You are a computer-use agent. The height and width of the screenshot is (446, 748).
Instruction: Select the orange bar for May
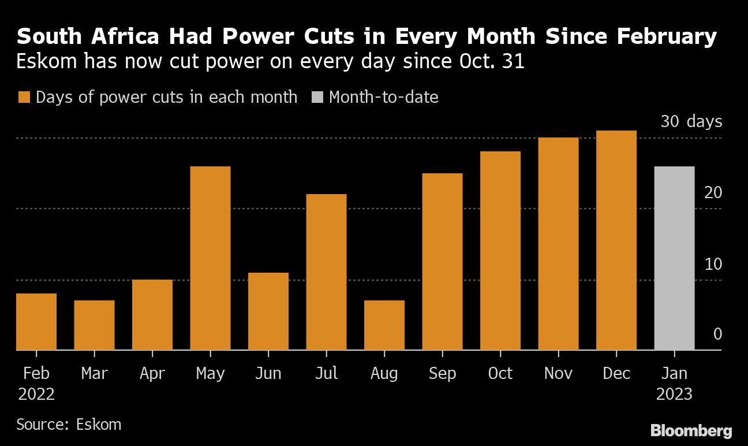pyautogui.click(x=210, y=258)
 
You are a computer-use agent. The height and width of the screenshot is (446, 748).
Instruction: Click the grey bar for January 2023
pyautogui.click(x=674, y=258)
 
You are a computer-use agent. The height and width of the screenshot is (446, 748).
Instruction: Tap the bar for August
pyautogui.click(x=384, y=325)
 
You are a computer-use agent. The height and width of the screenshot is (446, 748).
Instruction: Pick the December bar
pyautogui.click(x=616, y=240)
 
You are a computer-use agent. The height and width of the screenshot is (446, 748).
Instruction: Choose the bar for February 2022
pyautogui.click(x=36, y=321)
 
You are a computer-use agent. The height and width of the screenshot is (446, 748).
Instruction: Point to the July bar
pyautogui.click(x=326, y=272)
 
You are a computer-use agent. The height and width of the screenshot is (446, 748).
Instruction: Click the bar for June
pyautogui.click(x=268, y=311)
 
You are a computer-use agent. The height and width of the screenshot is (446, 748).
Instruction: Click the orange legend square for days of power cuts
pyautogui.click(x=23, y=97)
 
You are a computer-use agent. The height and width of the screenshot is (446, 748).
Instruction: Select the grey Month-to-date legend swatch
pyautogui.click(x=316, y=97)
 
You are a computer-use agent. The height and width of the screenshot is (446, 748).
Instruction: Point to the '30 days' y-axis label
pyautogui.click(x=691, y=122)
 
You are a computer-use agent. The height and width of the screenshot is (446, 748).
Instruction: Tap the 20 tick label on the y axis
pyautogui.click(x=713, y=192)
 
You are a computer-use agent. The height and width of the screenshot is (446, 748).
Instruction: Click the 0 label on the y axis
pyautogui.click(x=717, y=334)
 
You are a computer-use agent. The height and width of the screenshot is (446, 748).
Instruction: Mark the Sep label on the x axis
pyautogui.click(x=442, y=374)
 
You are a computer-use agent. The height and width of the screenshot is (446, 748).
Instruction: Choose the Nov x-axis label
pyautogui.click(x=558, y=374)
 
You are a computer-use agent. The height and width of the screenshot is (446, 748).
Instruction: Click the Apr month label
pyautogui.click(x=152, y=374)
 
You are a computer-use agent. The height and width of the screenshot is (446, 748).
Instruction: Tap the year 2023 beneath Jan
pyautogui.click(x=674, y=395)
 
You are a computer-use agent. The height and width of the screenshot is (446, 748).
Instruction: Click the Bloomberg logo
pyautogui.click(x=691, y=430)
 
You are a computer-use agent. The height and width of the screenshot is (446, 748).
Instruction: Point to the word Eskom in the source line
pyautogui.click(x=99, y=425)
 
